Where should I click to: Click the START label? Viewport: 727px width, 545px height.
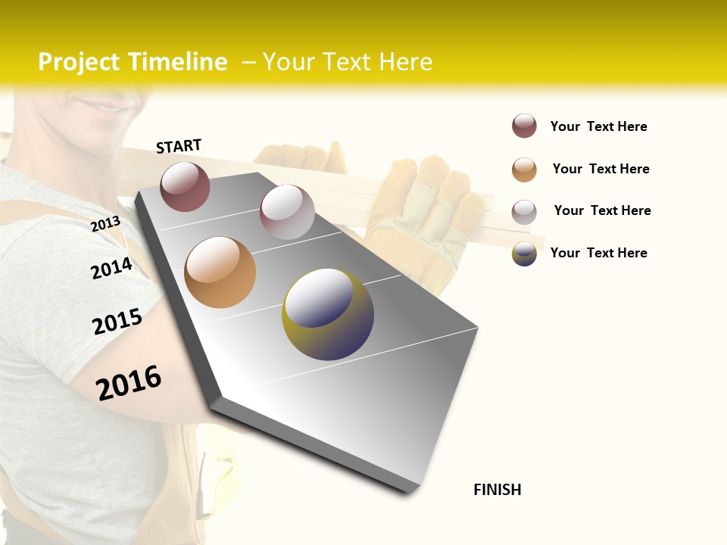tap(179, 146)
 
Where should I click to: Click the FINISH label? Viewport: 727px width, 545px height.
tap(498, 490)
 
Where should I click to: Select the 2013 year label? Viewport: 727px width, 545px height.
tap(105, 224)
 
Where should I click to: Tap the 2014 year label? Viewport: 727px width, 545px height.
tap(111, 269)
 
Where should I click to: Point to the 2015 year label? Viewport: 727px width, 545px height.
tap(117, 322)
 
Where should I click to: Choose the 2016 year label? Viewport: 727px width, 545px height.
tap(129, 382)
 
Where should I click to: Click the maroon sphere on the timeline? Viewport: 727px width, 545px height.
tap(185, 186)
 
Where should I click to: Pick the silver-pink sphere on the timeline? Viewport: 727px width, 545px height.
tap(287, 212)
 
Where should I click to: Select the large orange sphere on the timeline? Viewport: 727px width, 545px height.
tap(220, 272)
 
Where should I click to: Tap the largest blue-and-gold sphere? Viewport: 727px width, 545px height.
tap(328, 314)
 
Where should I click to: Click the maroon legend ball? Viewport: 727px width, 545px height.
tap(524, 126)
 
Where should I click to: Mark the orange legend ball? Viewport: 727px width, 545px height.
tap(524, 170)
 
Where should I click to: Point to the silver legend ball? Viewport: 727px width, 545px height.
tap(524, 212)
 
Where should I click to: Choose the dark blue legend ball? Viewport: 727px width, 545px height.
tap(524, 254)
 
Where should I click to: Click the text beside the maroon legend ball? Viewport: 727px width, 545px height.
tap(598, 126)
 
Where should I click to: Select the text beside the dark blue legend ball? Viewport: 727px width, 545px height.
tap(598, 253)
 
